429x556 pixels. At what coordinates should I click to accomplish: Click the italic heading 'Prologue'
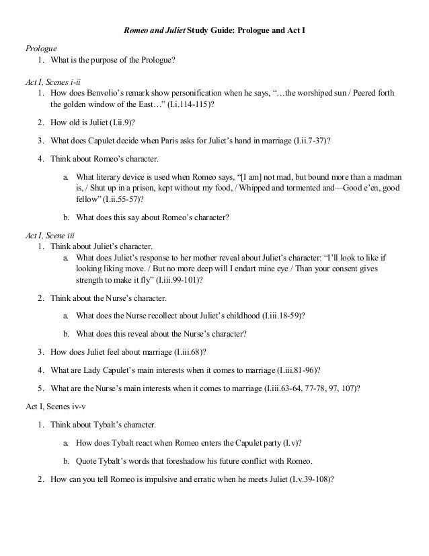point(41,49)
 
